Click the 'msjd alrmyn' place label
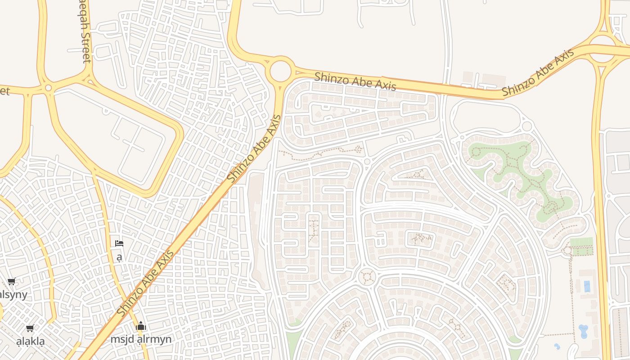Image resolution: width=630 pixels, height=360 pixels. pyautogui.click(x=141, y=339)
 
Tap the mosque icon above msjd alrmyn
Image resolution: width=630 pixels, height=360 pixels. pyautogui.click(x=141, y=326)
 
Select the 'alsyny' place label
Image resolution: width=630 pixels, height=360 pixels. pyautogui.click(x=13, y=295)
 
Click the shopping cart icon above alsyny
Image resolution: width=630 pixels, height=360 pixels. pyautogui.click(x=12, y=282)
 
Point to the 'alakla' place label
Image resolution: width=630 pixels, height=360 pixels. pyautogui.click(x=31, y=341)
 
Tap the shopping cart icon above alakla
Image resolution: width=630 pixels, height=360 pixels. pyautogui.click(x=30, y=328)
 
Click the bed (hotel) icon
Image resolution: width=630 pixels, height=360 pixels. pyautogui.click(x=119, y=243)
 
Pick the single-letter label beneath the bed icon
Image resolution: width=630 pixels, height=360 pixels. pyautogui.click(x=119, y=257)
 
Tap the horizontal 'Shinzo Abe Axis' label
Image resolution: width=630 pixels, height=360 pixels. pyautogui.click(x=355, y=81)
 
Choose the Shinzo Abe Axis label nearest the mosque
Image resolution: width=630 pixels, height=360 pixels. pyautogui.click(x=145, y=283)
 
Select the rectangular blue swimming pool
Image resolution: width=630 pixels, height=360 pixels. pyautogui.click(x=587, y=286)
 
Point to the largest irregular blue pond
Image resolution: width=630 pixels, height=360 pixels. pyautogui.click(x=583, y=331)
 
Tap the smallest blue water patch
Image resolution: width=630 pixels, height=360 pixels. pyautogui.click(x=557, y=346)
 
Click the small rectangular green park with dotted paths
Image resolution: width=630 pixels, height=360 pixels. pyautogui.click(x=581, y=247)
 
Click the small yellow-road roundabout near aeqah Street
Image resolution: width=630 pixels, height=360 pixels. pyautogui.click(x=48, y=88)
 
